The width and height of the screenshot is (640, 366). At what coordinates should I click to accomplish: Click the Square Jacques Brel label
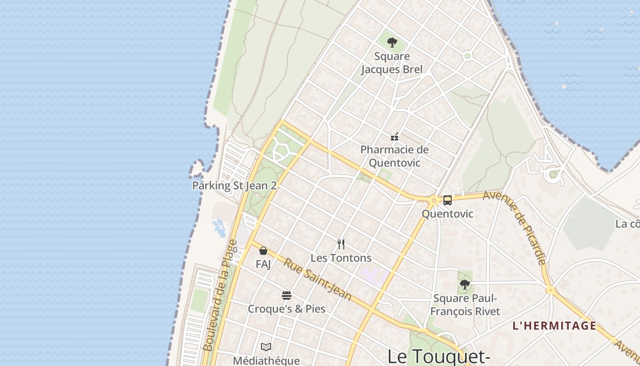[392, 63]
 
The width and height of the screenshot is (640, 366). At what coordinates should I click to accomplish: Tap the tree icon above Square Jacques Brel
[392, 43]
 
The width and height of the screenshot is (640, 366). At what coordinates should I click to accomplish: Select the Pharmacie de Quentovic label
[395, 156]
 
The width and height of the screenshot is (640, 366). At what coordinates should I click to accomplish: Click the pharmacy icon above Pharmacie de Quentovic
[395, 136]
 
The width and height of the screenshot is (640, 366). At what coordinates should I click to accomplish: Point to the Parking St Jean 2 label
[235, 186]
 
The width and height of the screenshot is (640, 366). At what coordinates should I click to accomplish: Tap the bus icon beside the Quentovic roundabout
[448, 200]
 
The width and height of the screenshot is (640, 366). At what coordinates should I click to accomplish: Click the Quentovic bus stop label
[447, 214]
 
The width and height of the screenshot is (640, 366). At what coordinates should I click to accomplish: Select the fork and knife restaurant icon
[341, 244]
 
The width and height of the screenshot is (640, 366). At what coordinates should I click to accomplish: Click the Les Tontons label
[341, 258]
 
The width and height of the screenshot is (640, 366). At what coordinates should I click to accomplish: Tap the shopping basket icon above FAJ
[263, 251]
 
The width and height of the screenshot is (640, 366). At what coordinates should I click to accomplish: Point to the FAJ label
[263, 264]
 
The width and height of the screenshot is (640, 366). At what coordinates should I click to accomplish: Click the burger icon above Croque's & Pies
[287, 296]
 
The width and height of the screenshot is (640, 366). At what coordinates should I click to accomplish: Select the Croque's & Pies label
[287, 309]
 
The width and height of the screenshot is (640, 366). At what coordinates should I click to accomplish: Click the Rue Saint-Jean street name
[317, 280]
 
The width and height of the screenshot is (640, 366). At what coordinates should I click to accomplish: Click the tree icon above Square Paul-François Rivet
[465, 285]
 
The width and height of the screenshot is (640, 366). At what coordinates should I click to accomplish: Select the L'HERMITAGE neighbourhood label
[554, 326]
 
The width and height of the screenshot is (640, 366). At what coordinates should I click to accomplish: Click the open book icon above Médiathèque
[266, 347]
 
